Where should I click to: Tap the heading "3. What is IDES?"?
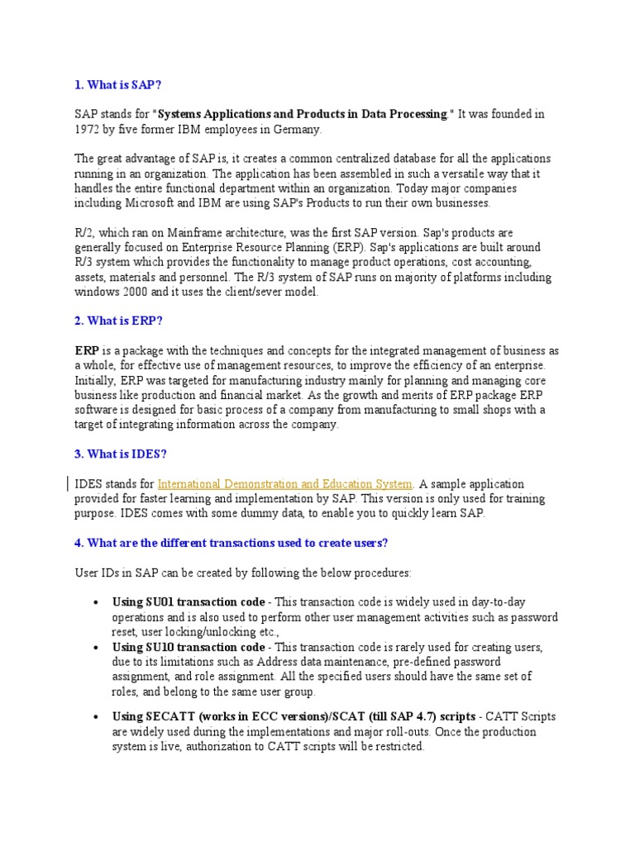122,454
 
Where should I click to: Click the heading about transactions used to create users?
231,543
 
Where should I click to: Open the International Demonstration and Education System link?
284,483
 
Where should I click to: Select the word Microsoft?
150,202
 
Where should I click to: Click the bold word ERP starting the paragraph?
87,350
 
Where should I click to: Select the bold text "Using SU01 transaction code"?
189,601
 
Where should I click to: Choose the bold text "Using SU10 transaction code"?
189,646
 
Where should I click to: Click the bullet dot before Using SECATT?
98,717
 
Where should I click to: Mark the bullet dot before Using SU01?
98,602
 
